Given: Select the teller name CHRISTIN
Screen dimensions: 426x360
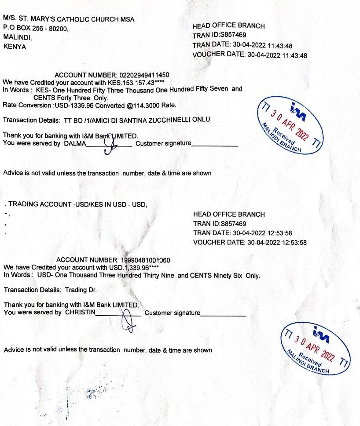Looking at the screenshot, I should (80, 313).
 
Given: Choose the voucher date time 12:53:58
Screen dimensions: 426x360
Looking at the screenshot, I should (292, 242).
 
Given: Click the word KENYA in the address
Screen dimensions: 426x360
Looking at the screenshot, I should (15, 46).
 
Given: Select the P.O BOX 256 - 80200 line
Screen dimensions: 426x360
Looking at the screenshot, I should (36, 28).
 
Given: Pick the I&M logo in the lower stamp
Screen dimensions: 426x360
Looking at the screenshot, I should (320, 336).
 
